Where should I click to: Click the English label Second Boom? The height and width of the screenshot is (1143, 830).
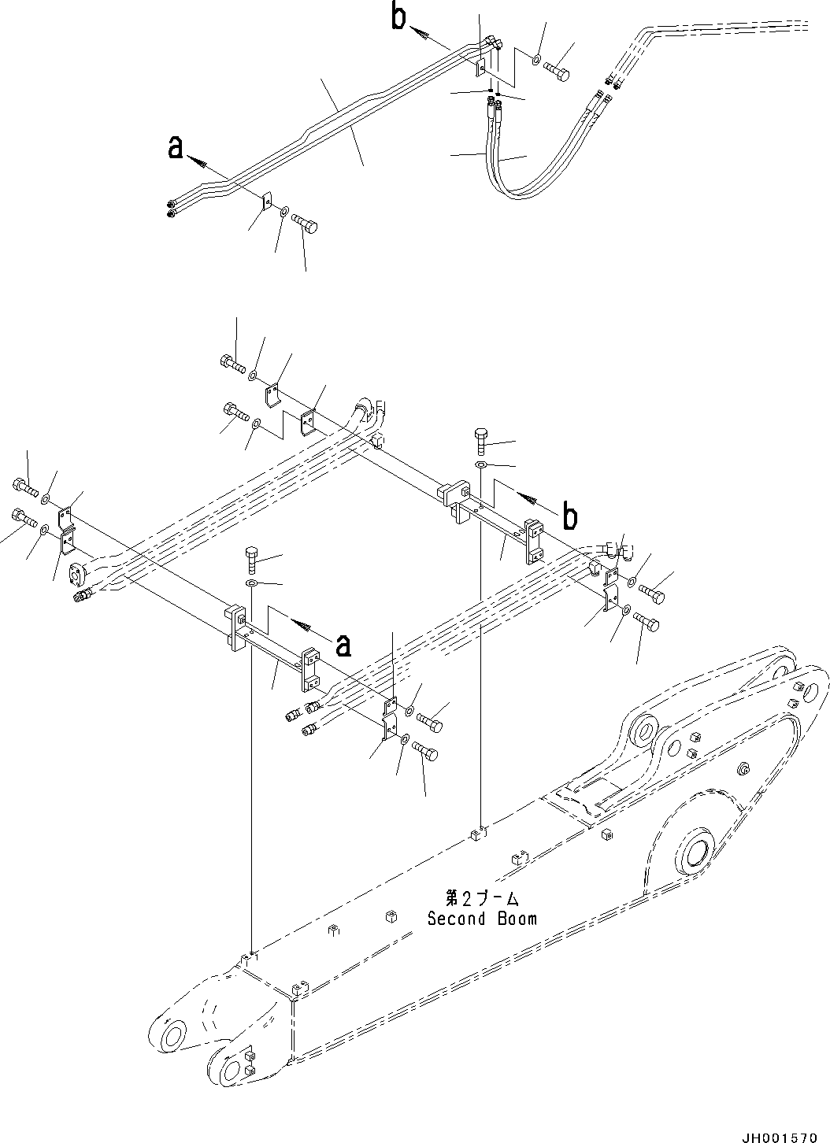(x=482, y=918)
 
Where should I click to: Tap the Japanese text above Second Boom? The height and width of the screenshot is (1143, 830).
(x=482, y=898)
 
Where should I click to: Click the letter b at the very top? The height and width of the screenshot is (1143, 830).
(x=400, y=17)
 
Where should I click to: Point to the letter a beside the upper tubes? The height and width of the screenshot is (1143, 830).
(x=176, y=147)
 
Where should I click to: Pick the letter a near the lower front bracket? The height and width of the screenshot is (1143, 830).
(x=343, y=645)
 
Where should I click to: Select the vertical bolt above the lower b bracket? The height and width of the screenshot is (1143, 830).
(x=482, y=441)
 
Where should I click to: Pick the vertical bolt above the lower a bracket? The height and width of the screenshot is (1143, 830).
(x=251, y=559)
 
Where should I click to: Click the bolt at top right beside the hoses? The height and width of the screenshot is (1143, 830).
(x=558, y=68)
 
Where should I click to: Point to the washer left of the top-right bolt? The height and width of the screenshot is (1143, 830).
(x=535, y=60)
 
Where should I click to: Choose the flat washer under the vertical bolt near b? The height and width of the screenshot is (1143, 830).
(x=482, y=466)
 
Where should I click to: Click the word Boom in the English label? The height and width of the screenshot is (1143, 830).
(x=517, y=918)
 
